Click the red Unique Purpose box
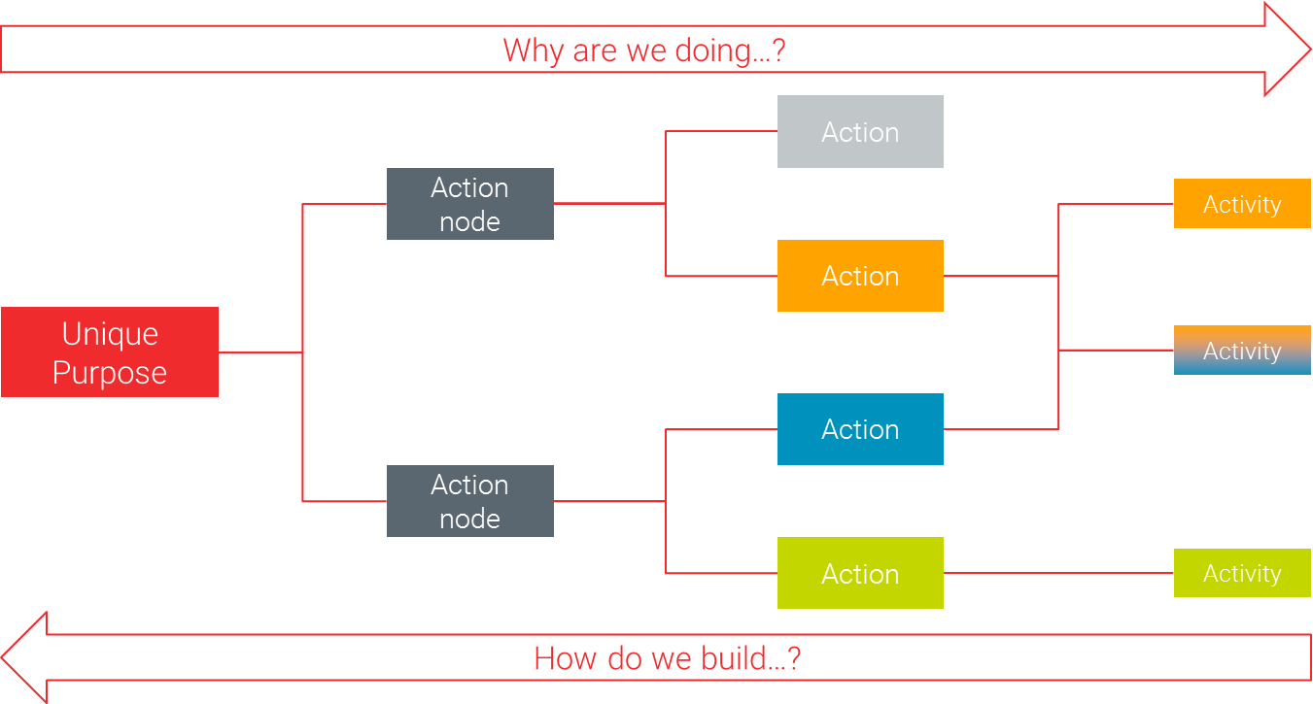[110, 352]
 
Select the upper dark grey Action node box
[470, 204]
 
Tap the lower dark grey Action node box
[470, 501]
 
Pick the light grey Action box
[860, 132]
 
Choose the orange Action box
[860, 276]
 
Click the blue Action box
[860, 429]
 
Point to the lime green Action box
[860, 573]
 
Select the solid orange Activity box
[1242, 203]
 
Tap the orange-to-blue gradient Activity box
[1242, 351]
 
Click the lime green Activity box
[1242, 573]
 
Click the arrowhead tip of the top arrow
[1310, 50]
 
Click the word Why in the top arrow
[534, 50]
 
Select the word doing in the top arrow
[712, 51]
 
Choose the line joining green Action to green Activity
[1058, 573]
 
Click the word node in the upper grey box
[470, 222]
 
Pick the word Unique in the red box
[110, 335]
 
